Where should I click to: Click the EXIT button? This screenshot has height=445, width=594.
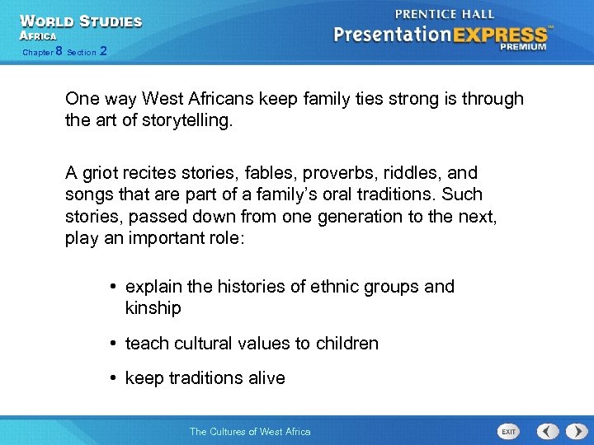pos(510,431)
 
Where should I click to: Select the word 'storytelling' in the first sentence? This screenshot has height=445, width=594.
pos(187,121)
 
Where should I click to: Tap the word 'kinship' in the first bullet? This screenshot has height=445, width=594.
pos(153,308)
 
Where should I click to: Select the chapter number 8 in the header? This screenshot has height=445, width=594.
pos(59,51)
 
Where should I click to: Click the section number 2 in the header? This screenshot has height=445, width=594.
pos(102,51)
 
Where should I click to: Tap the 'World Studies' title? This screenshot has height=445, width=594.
pos(80,21)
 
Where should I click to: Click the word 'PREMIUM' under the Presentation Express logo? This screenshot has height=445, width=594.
pos(522,47)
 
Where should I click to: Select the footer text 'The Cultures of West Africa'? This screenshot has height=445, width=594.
pos(250,431)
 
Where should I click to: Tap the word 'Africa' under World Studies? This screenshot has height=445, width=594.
pos(38,36)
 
